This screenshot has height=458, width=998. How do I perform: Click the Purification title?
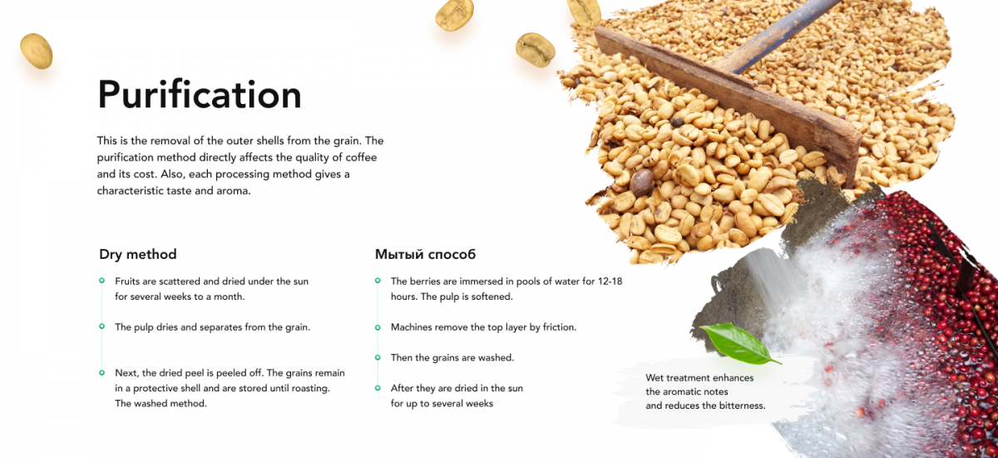(200, 95)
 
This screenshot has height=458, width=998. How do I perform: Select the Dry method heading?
(138, 254)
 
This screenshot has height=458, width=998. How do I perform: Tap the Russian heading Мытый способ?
(425, 254)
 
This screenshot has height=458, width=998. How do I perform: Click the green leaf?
(739, 343)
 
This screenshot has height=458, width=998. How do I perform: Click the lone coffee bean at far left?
(37, 52)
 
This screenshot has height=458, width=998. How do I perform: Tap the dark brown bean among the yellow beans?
(641, 182)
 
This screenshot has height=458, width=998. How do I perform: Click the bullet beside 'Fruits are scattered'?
(102, 281)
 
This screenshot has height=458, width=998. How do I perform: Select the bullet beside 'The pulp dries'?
(102, 326)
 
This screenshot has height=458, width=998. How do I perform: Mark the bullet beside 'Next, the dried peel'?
(102, 372)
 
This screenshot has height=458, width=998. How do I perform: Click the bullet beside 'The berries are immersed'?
(378, 281)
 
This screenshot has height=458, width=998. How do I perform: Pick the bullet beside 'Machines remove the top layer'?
(378, 327)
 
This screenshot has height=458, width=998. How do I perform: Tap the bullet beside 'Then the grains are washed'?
(378, 357)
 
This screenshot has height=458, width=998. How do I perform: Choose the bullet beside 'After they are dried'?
(378, 388)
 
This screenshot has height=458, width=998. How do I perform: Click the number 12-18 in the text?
(610, 281)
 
